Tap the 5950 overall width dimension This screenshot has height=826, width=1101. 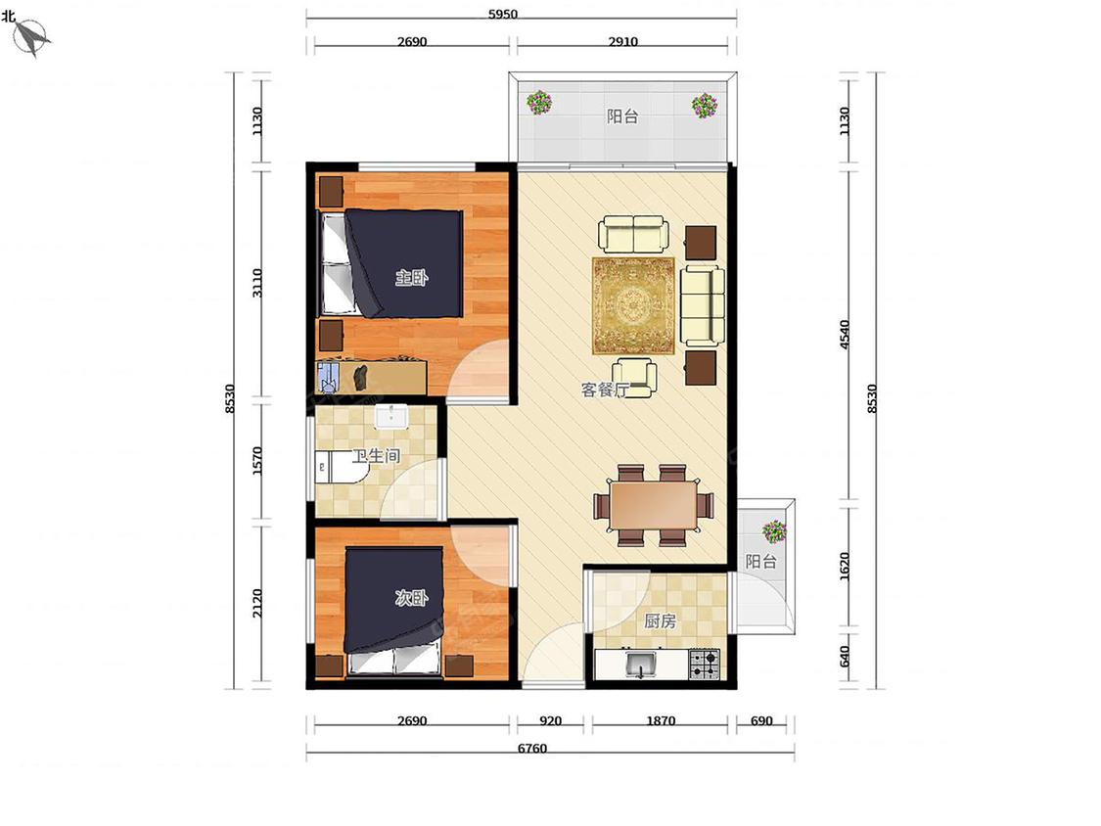click(x=503, y=14)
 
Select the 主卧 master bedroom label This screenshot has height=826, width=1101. click(x=411, y=278)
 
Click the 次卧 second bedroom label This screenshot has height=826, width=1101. click(x=411, y=598)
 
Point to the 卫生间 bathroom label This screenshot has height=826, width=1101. click(x=376, y=456)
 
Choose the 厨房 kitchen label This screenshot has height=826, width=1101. click(x=660, y=620)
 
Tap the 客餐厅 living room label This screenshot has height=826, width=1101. click(x=605, y=390)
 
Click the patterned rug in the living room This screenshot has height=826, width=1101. click(x=634, y=305)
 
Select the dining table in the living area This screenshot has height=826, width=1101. click(x=653, y=504)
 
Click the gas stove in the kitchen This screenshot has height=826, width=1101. click(x=705, y=664)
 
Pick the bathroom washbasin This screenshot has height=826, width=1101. click(x=391, y=416)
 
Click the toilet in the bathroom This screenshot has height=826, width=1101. click(x=338, y=467)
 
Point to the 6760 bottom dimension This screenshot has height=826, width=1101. click(x=531, y=749)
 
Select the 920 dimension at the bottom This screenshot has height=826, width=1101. click(x=550, y=720)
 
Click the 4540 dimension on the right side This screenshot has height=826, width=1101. click(x=845, y=335)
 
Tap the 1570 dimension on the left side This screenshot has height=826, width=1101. click(x=257, y=461)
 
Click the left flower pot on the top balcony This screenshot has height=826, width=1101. click(x=539, y=103)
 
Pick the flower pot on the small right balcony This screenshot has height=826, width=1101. click(x=774, y=531)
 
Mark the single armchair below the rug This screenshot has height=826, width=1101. click(x=635, y=378)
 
